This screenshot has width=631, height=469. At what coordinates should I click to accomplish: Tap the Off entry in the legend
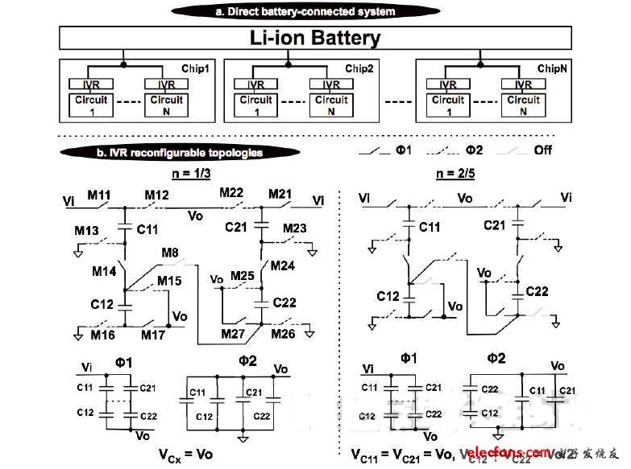(542, 150)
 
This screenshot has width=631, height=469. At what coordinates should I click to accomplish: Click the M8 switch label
(171, 253)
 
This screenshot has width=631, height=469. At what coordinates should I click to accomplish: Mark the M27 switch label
(234, 334)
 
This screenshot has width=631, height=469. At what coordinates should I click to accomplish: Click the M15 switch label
(168, 280)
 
